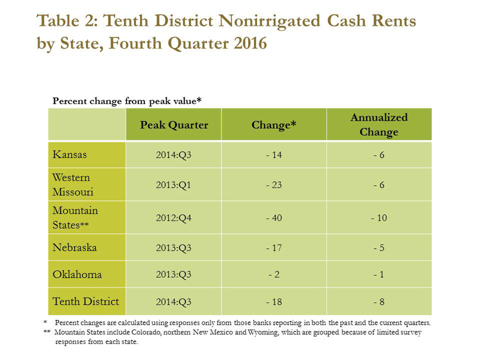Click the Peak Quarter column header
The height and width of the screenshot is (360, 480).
[174, 125]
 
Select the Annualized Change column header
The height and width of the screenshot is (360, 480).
[379, 124]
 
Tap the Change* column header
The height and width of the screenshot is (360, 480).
[274, 125]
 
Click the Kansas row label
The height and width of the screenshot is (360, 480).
[69, 155]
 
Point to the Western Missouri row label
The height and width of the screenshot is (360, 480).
[73, 185]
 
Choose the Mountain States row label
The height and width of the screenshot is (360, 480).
[75, 218]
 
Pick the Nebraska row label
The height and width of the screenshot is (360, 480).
[75, 248]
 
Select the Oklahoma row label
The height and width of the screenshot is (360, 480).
[77, 275]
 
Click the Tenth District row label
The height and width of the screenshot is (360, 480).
[86, 301]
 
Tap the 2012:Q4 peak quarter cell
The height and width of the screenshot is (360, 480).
[174, 218]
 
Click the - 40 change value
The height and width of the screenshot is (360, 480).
[274, 218]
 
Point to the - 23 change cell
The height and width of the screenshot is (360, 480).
[274, 185]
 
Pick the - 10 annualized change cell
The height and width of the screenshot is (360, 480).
[379, 218]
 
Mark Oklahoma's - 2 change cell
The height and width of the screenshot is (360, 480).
[274, 275]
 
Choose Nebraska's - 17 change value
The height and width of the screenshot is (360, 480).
[274, 248]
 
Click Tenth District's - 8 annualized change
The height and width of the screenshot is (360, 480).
[379, 302]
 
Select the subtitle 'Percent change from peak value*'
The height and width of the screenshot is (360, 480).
[127, 100]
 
